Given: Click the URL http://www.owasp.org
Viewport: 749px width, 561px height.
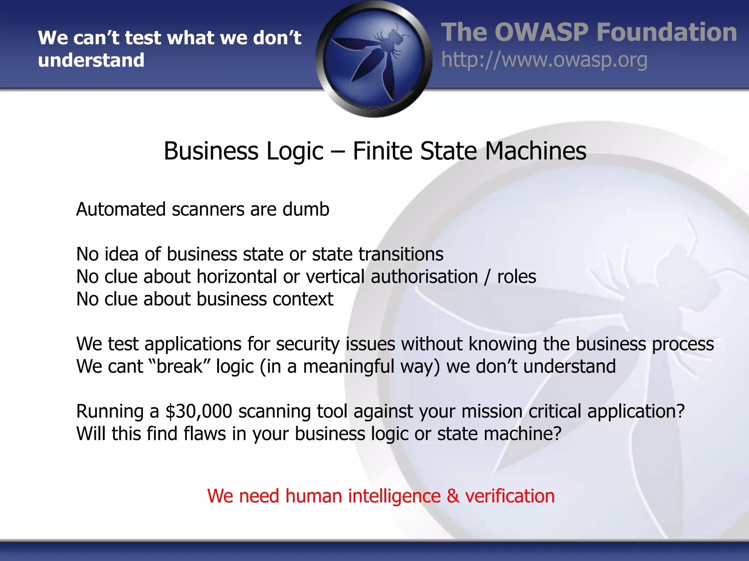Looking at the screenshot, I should (x=544, y=60).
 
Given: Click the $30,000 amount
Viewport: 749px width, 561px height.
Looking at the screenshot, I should (x=199, y=411).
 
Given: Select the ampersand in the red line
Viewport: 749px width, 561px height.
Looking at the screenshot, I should (x=453, y=496).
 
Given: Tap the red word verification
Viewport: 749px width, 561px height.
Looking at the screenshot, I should (x=510, y=496).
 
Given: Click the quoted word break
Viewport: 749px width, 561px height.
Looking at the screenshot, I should (x=179, y=366).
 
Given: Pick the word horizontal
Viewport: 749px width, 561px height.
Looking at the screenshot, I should (x=237, y=276).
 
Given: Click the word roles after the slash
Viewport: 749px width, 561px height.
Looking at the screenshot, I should (x=516, y=276).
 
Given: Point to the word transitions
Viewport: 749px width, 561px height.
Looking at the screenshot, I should (x=401, y=254).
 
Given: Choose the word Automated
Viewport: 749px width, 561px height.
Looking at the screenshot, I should (x=121, y=210).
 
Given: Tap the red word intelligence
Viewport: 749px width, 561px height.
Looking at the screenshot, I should (x=394, y=496).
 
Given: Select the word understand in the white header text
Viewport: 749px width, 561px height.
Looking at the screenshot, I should (x=91, y=60).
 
